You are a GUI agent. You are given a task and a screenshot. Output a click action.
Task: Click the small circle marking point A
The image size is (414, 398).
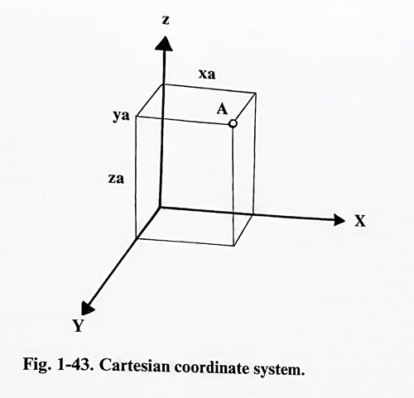pos(233,123)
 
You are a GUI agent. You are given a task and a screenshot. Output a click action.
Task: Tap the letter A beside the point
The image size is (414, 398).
pos(222,109)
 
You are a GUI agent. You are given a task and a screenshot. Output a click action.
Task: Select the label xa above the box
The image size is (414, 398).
pos(207,74)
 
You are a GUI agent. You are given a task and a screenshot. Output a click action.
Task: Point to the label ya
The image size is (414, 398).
pos(121,116)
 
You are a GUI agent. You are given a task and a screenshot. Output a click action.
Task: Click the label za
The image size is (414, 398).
pos(116,179)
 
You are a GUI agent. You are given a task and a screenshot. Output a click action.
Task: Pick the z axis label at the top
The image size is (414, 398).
pos(166,20)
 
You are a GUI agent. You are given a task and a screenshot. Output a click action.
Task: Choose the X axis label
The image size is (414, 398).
pos(360,221)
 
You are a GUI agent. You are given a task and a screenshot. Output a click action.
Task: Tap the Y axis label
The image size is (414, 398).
pos(79,325)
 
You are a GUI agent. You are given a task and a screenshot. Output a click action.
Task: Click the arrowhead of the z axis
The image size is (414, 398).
pos(164,44)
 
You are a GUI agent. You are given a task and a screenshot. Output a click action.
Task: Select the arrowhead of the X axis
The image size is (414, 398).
pos(339,220)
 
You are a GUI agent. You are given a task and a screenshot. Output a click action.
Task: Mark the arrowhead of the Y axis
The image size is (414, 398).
pos(87,308)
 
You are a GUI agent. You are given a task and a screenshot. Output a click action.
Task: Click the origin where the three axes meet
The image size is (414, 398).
pos(160,208)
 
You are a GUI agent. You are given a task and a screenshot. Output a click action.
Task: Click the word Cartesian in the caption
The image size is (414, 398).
pos(134,366)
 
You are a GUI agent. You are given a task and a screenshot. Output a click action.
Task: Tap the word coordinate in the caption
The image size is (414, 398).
pos(212,367)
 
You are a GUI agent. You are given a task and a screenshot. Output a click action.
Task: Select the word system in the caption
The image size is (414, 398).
pos(279,370)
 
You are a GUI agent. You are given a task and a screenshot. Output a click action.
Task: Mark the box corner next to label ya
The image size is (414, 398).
pos(137,116)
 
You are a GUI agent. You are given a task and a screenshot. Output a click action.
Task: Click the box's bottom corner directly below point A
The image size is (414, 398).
pos(234,245)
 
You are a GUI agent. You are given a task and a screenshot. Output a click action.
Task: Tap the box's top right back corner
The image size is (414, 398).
pos(256,94)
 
